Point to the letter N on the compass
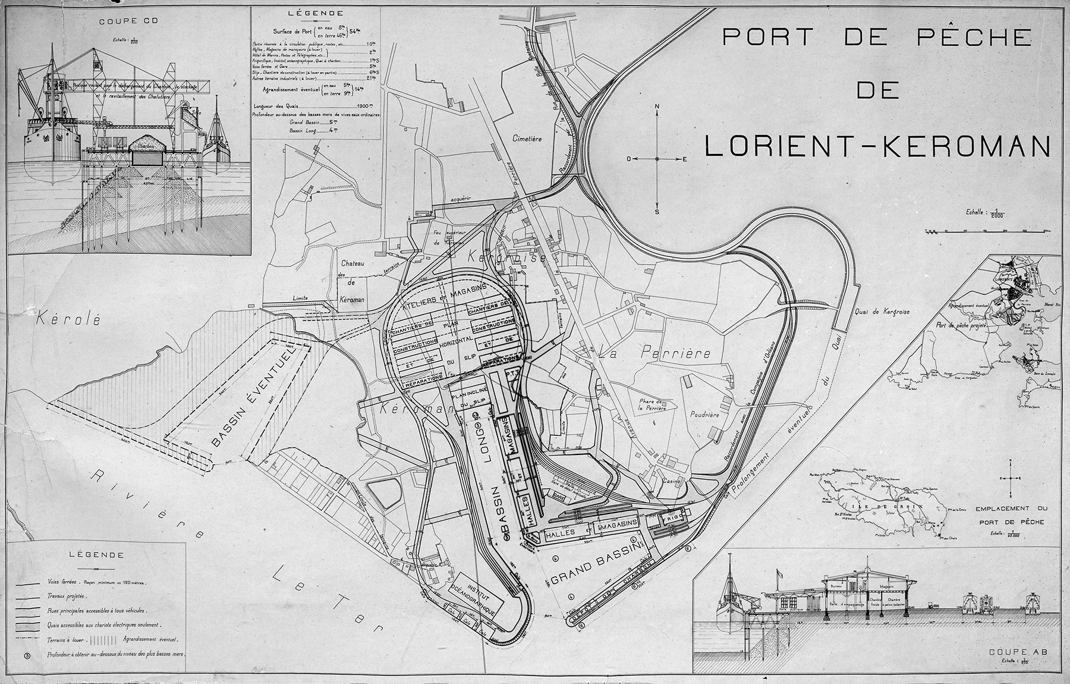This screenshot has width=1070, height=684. click(x=657, y=107)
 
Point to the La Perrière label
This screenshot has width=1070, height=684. click(x=654, y=352)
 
